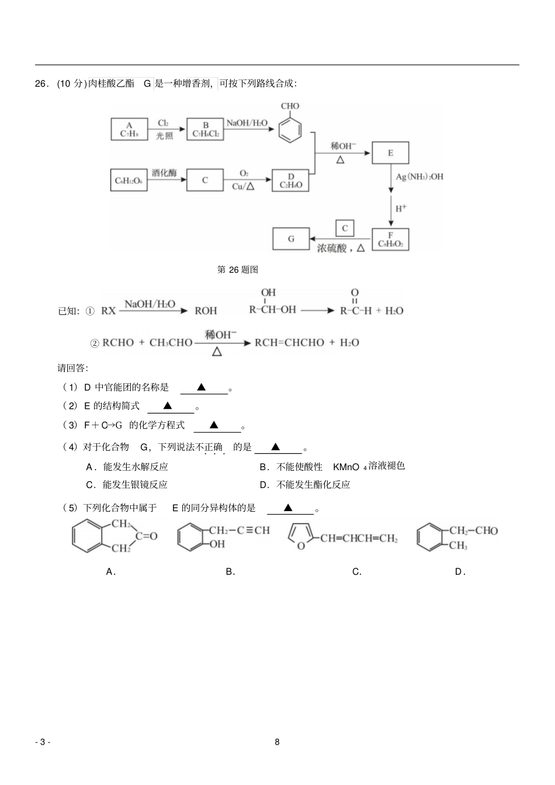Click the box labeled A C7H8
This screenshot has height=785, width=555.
[129, 129]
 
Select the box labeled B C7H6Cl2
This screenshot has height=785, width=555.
[205, 129]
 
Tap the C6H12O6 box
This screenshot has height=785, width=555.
[129, 180]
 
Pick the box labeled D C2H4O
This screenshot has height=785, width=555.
[290, 180]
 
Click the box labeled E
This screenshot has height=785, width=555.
[390, 153]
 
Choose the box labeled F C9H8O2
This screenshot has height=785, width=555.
[390, 239]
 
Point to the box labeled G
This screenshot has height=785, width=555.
[291, 239]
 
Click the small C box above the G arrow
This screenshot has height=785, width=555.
[345, 228]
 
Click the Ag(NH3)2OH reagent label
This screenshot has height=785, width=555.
[419, 176]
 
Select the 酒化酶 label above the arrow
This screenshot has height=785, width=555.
[164, 173]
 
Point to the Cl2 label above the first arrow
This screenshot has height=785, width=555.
[163, 123]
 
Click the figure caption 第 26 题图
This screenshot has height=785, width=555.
[238, 269]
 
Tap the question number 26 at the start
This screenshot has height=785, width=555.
[40, 84]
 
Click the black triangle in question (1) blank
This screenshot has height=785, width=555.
[201, 387]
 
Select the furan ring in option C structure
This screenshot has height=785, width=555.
[300, 536]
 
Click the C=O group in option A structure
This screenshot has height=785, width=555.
[147, 536]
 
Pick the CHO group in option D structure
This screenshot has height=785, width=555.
[486, 530]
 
